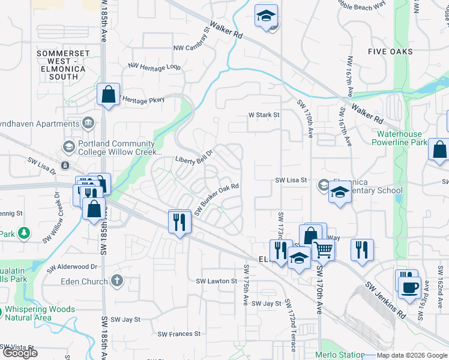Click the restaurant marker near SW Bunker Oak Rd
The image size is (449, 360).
(180, 221)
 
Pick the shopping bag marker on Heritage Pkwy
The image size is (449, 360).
(108, 94)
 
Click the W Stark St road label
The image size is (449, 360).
(264, 115)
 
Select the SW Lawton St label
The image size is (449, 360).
(217, 281)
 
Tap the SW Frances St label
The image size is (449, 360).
(179, 334)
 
